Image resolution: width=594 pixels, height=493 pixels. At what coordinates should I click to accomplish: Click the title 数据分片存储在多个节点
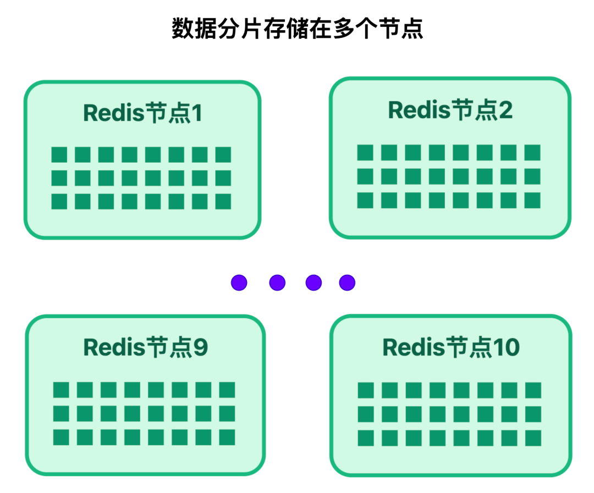[297, 29]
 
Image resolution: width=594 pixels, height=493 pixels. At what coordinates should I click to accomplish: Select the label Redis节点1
[142, 113]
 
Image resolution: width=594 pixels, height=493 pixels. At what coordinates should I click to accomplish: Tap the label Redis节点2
[450, 110]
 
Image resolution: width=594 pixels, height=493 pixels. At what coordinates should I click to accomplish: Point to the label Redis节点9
[145, 347]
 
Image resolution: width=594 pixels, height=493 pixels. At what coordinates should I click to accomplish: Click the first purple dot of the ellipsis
[239, 282]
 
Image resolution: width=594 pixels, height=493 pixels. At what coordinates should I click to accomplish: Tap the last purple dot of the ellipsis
[347, 282]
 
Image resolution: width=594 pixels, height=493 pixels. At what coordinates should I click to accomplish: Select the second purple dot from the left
[277, 282]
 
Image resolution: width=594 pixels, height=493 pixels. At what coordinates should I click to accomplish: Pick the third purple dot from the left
[313, 282]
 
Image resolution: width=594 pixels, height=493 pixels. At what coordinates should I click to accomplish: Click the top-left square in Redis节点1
[59, 154]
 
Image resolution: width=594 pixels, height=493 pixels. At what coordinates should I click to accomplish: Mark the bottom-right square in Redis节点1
[223, 202]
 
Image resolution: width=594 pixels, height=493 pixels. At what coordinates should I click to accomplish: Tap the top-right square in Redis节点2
[532, 152]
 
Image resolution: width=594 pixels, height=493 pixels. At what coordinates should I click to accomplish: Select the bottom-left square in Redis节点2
[365, 200]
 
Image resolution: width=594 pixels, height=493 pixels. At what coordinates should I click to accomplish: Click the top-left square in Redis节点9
[61, 390]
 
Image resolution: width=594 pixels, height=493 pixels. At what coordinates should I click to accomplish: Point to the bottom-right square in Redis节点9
[227, 437]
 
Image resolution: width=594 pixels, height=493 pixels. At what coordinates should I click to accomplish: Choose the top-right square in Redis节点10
[533, 390]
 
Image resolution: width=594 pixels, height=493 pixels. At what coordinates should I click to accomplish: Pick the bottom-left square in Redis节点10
[366, 438]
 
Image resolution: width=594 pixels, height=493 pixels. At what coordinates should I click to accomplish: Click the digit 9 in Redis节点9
[201, 347]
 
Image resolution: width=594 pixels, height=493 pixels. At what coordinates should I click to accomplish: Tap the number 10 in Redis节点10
[506, 347]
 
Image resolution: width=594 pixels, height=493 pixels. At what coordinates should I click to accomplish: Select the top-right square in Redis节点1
[223, 154]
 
